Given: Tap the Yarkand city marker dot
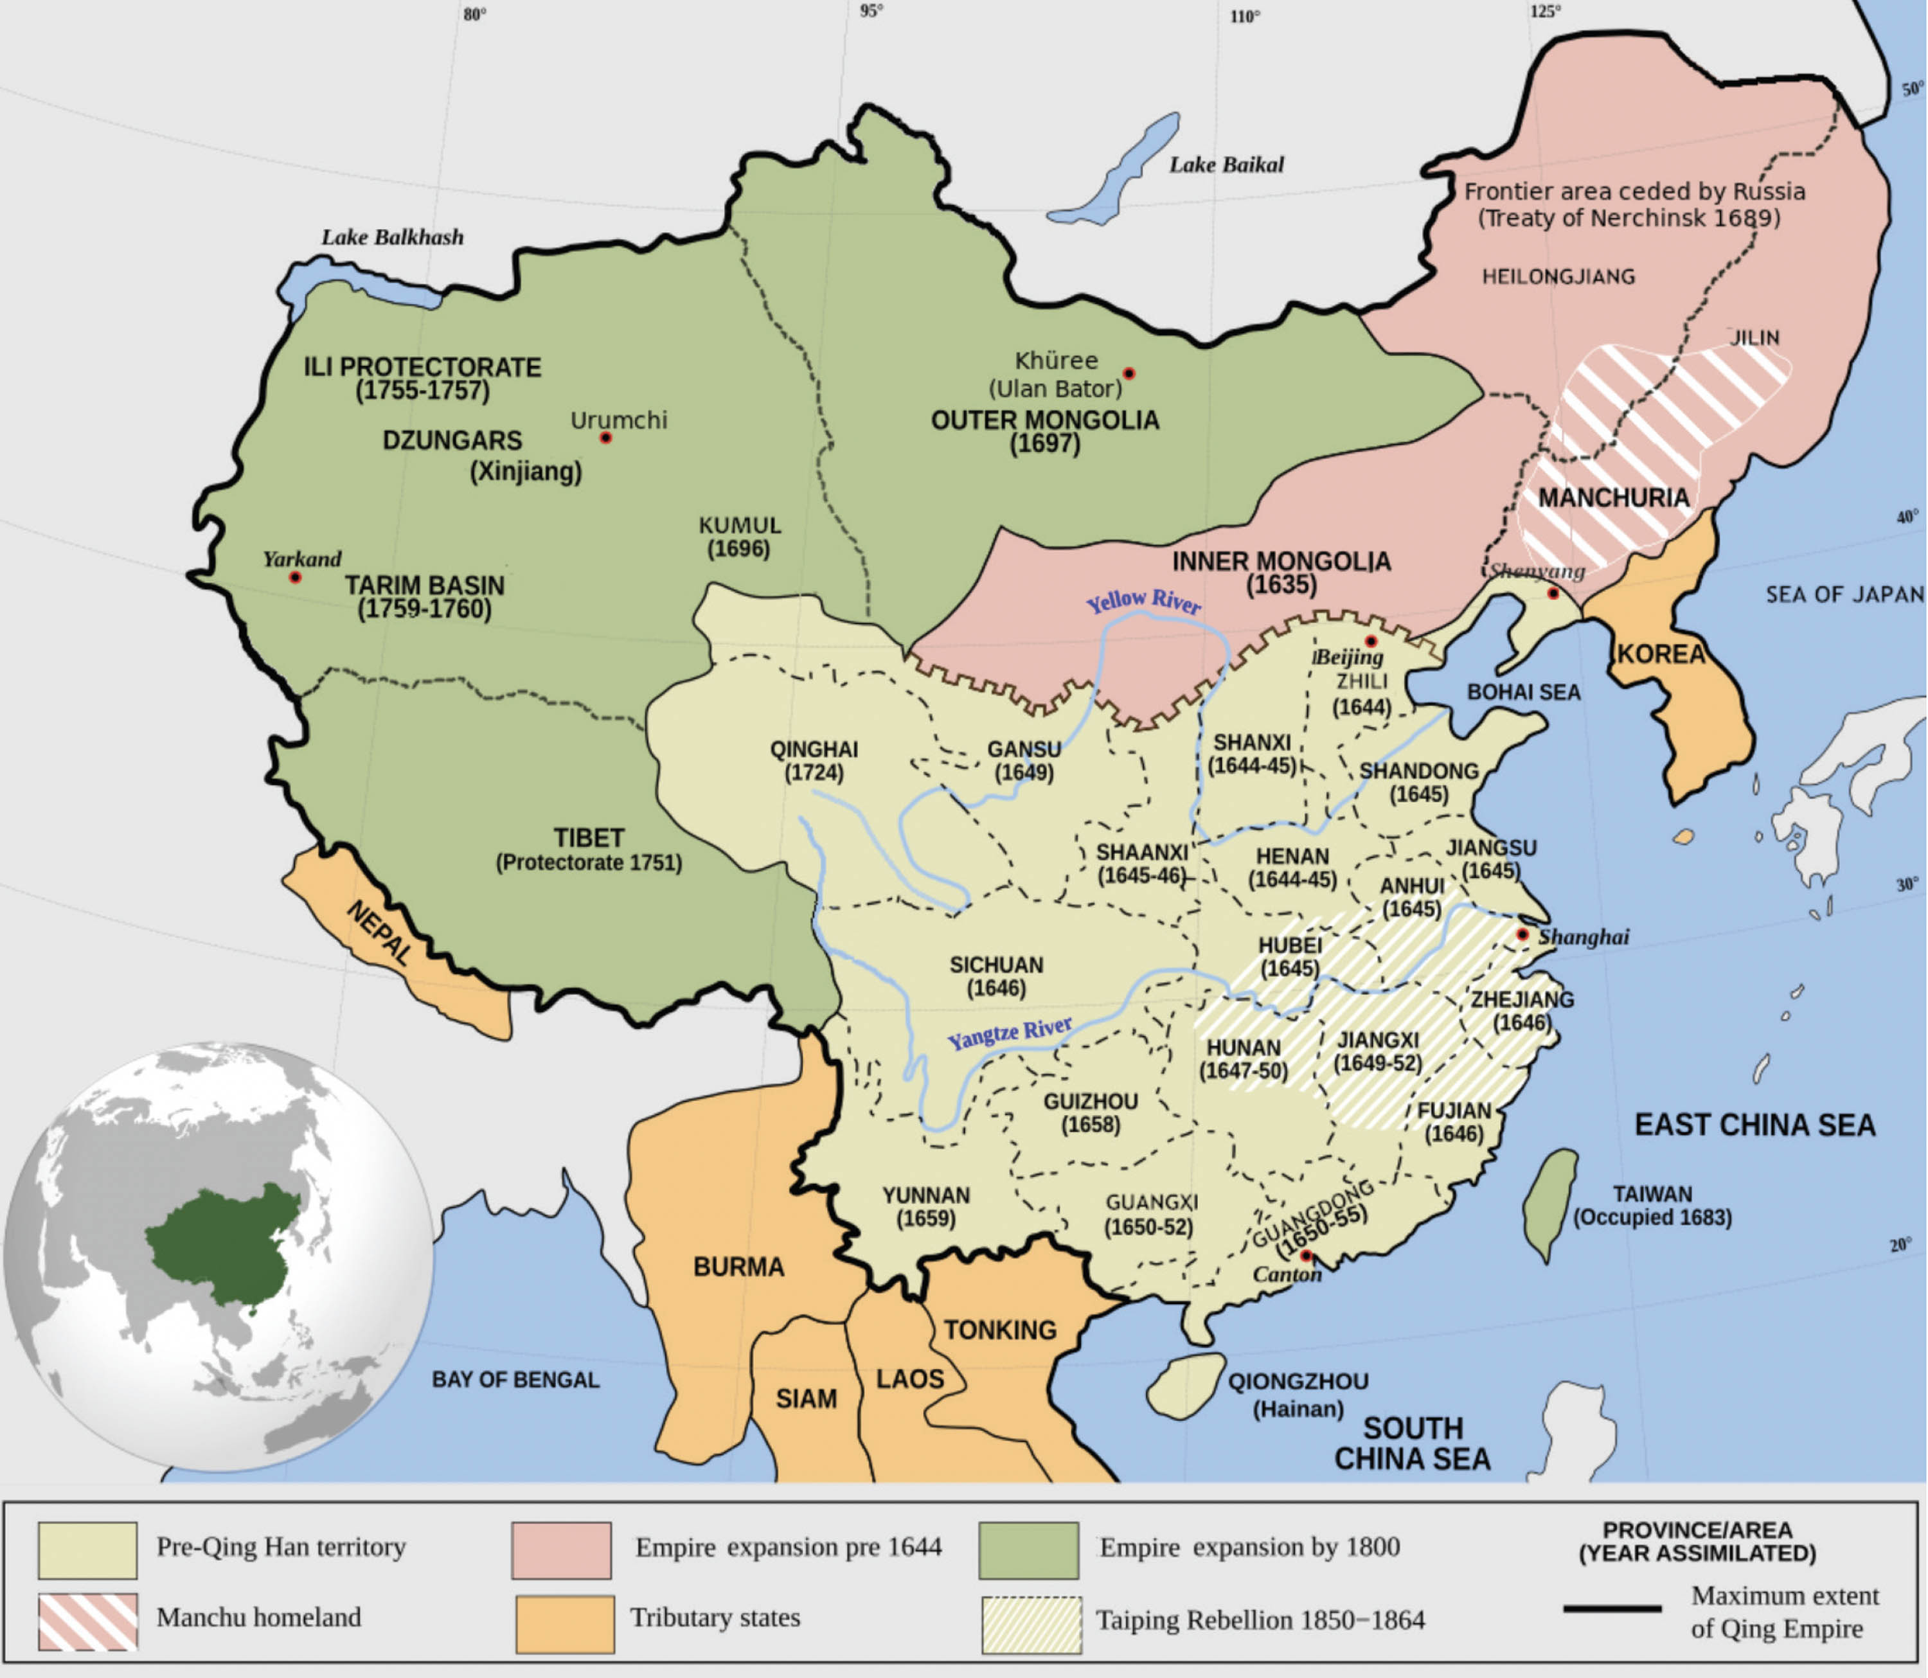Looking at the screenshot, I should click(x=295, y=578).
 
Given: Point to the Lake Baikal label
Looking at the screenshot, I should click(x=1226, y=165).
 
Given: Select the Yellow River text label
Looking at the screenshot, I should click(x=1143, y=601).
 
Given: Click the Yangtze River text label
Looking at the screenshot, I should click(x=1010, y=1033).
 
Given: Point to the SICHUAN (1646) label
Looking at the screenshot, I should click(x=996, y=976).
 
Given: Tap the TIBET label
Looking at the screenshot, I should click(x=588, y=838).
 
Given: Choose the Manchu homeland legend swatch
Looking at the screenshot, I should click(x=88, y=1621).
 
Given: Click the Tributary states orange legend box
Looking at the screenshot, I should click(x=565, y=1623).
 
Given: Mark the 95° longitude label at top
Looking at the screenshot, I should click(x=871, y=11).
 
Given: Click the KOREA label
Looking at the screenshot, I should click(x=1661, y=654).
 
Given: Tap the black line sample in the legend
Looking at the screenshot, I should click(x=1612, y=1609).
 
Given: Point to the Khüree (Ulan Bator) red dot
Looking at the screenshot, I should click(x=1129, y=373).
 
